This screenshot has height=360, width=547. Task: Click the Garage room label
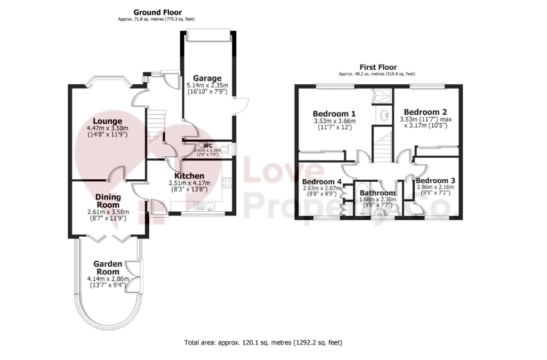click(207, 78)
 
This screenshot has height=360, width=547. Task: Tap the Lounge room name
click(108, 122)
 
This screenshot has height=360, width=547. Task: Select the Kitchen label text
click(189, 176)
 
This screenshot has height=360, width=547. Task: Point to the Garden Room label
click(108, 268)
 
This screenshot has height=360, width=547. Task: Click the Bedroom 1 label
click(334, 114)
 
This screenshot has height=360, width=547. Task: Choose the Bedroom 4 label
click(321, 182)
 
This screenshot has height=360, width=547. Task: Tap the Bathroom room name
click(377, 193)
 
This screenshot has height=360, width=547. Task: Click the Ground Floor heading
click(158, 13)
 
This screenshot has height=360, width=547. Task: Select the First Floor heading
click(378, 67)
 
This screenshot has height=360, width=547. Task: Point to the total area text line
click(263, 342)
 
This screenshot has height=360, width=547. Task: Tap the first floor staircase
click(382, 147)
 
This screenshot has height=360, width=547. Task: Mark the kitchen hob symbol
click(227, 183)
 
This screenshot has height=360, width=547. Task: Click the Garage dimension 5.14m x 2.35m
click(207, 85)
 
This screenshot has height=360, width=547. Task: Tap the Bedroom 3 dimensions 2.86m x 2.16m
click(436, 187)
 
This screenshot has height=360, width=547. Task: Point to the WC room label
click(208, 146)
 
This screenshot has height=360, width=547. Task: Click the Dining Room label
click(108, 201)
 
